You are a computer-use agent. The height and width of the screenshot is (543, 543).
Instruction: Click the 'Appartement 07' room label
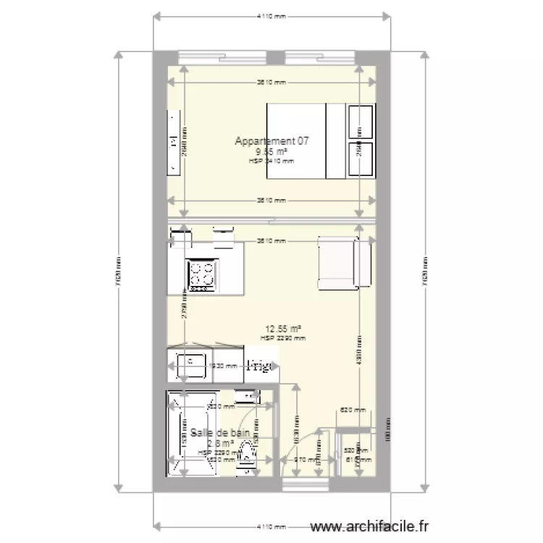click(x=271, y=141)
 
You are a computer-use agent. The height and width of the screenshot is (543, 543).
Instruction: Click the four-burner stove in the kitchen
click(x=202, y=274)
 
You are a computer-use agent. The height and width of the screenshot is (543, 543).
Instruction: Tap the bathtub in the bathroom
click(x=192, y=434)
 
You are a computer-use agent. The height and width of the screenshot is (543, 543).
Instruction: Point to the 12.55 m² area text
click(x=282, y=328)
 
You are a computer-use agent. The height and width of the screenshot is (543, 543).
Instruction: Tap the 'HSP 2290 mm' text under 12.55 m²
click(x=282, y=338)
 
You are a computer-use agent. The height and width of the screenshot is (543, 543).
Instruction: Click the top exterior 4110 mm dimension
click(x=271, y=15)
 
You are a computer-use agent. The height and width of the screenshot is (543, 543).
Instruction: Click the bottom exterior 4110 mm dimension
click(x=271, y=526)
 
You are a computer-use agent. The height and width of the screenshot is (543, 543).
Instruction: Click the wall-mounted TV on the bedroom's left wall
click(x=173, y=142)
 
